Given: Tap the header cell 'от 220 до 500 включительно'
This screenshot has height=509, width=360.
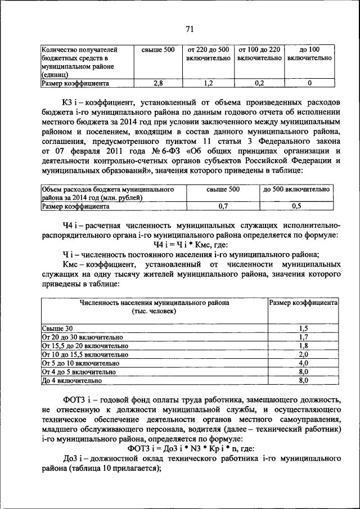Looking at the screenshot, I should [208, 54].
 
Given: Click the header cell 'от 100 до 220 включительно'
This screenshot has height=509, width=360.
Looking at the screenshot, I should [259, 54].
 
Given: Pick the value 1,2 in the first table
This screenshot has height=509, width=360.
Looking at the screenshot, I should [208, 83].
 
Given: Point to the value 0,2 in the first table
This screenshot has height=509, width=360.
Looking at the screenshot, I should [259, 83].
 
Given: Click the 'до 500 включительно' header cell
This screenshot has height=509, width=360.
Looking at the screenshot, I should [296, 190].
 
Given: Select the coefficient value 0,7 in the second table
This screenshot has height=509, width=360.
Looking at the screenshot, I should [222, 206].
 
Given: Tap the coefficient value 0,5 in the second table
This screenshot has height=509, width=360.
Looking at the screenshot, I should [296, 206].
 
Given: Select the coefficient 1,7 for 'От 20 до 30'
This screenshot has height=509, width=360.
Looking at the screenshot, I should [303, 336].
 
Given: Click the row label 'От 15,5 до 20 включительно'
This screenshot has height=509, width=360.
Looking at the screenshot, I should [85, 345].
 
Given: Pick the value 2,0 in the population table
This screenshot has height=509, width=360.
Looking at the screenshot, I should [303, 354].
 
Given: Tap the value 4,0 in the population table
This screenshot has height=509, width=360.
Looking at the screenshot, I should [303, 363].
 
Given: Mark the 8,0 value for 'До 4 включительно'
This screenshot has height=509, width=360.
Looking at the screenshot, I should [303, 381].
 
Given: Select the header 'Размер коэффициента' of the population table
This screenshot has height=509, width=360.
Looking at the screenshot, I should [303, 302].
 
